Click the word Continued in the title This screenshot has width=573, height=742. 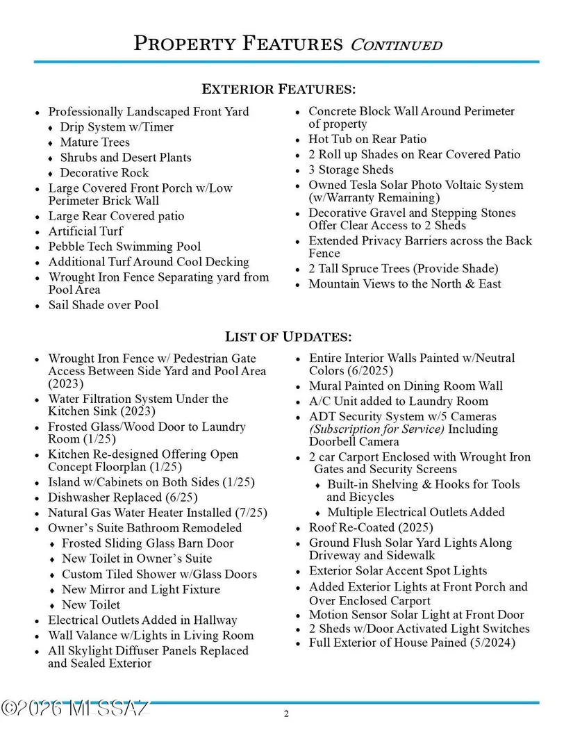pos(396,44)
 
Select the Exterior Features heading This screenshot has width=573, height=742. pos(279,89)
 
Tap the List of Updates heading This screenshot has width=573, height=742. pos(288,337)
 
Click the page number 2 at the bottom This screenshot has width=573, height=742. pos(286,714)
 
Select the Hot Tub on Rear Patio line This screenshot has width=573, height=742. pos(367,139)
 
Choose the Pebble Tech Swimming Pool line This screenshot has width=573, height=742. pos(124,247)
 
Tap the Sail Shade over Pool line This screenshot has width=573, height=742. pos(103,304)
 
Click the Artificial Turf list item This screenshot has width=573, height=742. pos(85,231)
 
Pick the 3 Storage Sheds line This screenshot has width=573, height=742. pos(351,170)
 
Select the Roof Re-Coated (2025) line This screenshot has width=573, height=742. pos(371,527)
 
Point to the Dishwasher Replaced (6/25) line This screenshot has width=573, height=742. pos(123,497)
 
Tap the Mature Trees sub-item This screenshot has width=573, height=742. pos(95,142)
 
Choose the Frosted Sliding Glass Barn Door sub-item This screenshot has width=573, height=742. pos(148,543)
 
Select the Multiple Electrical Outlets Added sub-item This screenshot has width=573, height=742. pos(416,512)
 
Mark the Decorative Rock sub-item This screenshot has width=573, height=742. pos(104,173)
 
